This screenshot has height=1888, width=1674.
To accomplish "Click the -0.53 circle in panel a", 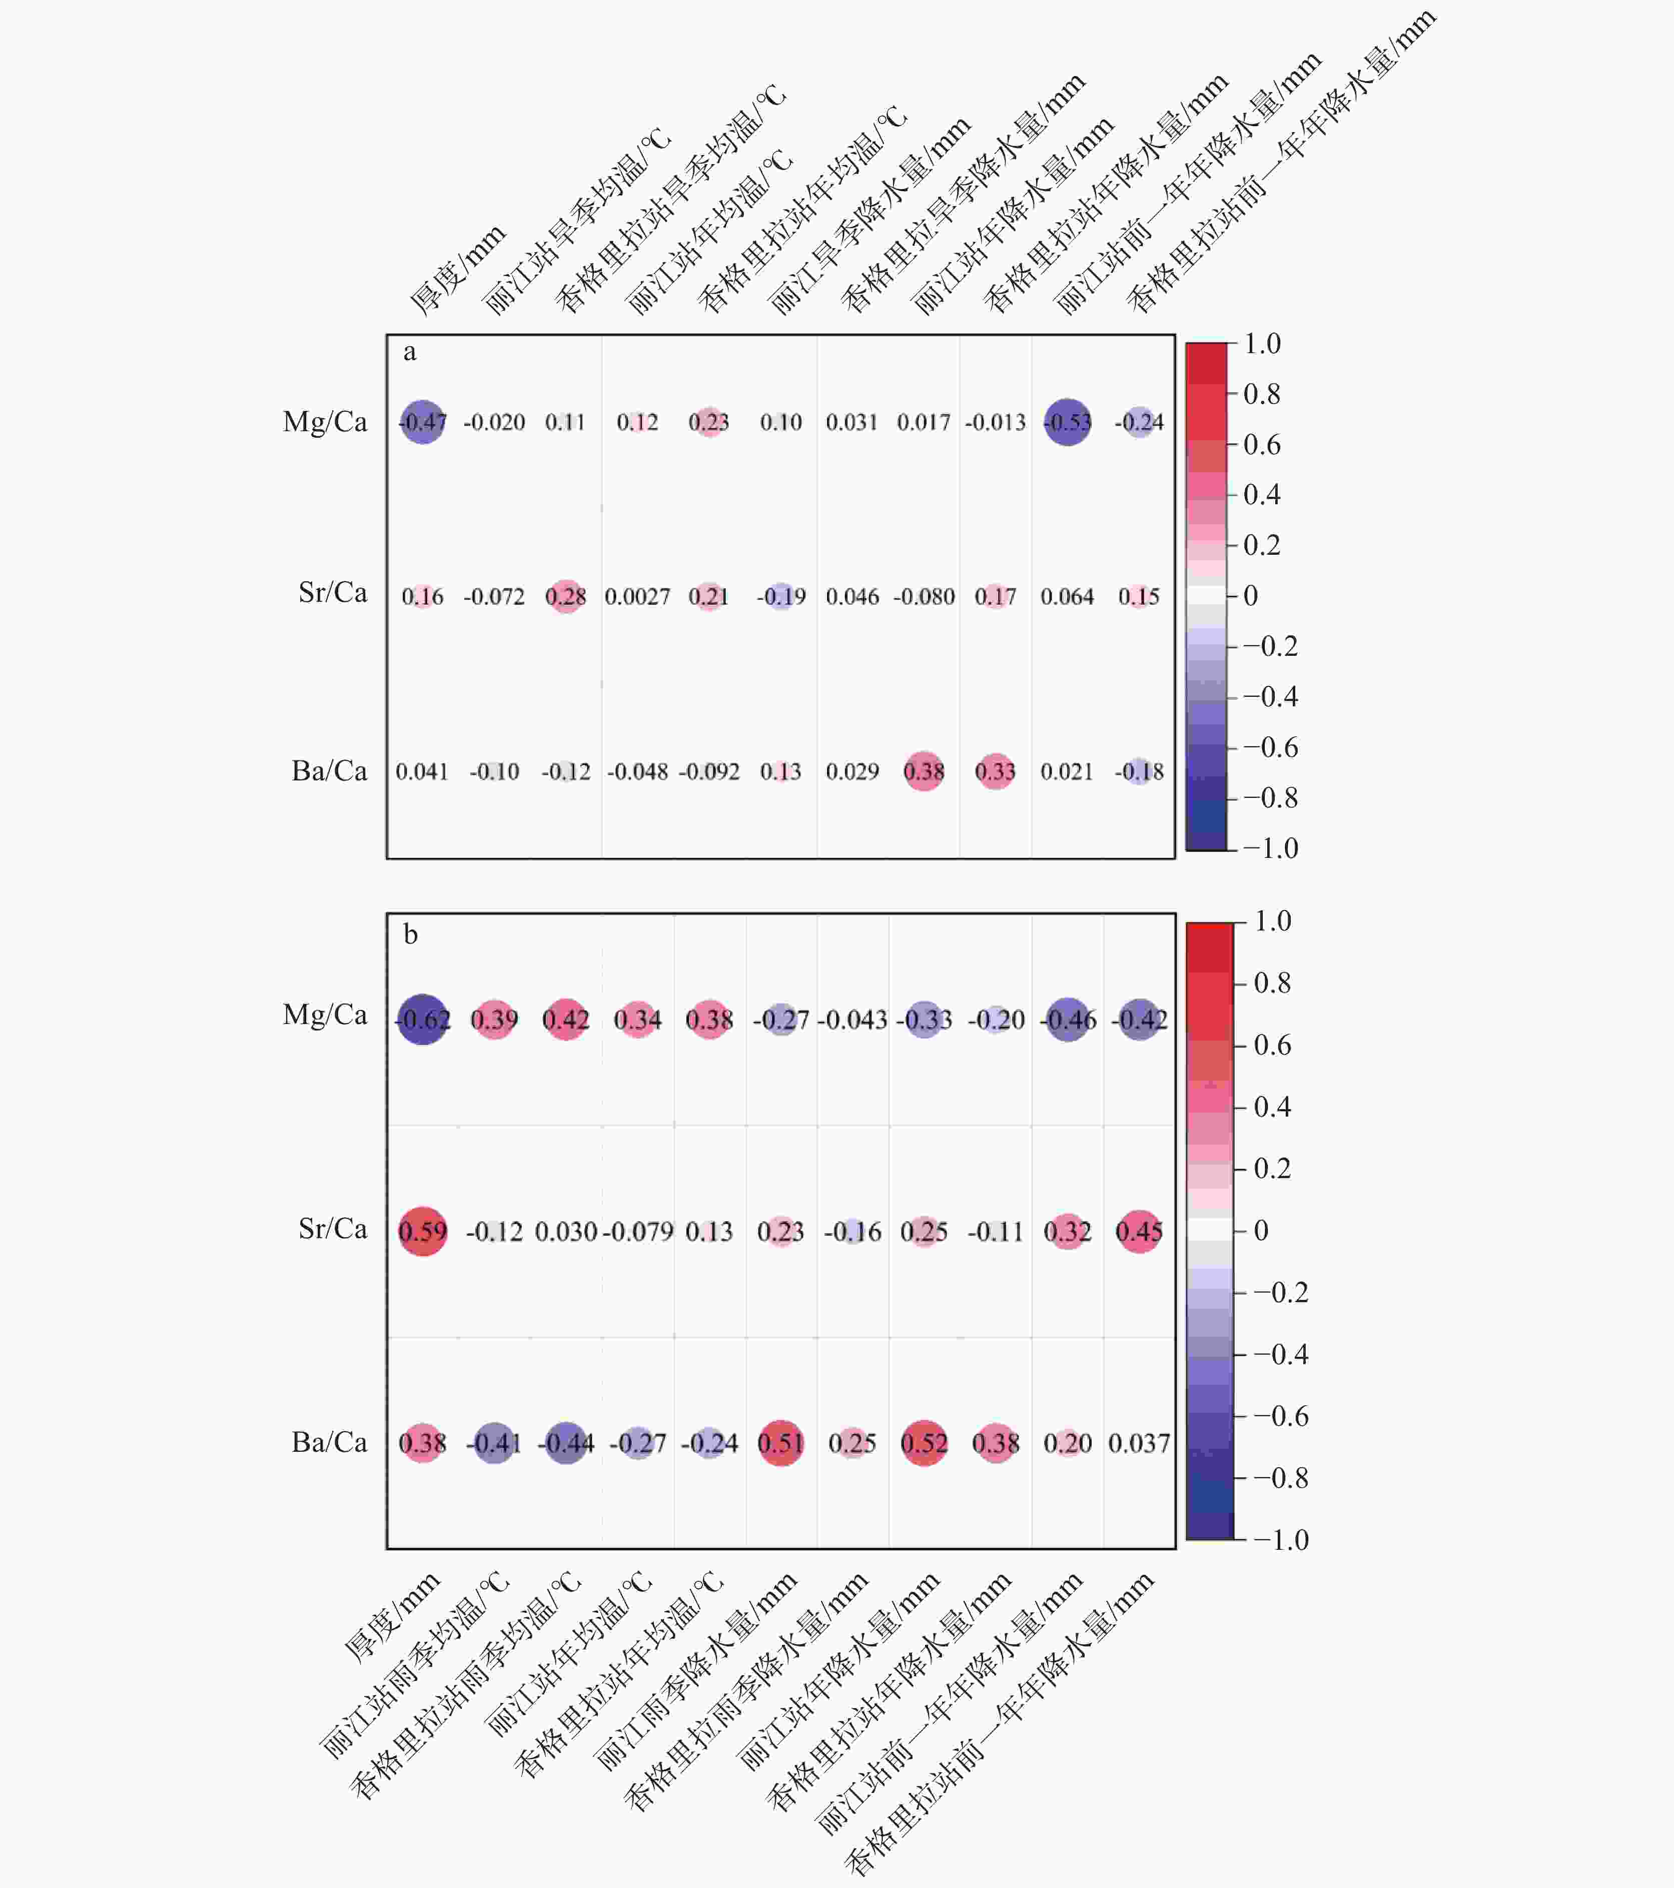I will pyautogui.click(x=1067, y=422).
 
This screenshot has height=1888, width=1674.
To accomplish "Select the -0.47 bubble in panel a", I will pyautogui.click(x=422, y=422).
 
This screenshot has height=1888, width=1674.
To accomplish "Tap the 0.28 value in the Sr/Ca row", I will pyautogui.click(x=565, y=597).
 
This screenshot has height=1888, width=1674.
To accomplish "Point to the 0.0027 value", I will pyautogui.click(x=637, y=597).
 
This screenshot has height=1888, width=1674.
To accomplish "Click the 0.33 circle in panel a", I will pyautogui.click(x=995, y=771).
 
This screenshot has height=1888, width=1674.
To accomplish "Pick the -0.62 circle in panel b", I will pyautogui.click(x=422, y=1020).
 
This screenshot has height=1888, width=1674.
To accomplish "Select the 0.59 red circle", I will pyautogui.click(x=422, y=1231).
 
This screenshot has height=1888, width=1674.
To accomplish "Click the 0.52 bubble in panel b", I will pyautogui.click(x=924, y=1443).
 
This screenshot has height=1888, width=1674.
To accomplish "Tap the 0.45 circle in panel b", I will pyautogui.click(x=1139, y=1231).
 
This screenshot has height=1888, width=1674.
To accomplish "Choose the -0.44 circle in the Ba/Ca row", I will pyautogui.click(x=565, y=1443).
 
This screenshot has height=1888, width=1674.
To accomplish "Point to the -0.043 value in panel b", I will pyautogui.click(x=852, y=1020).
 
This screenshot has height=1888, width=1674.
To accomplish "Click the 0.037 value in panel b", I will pyautogui.click(x=1139, y=1443).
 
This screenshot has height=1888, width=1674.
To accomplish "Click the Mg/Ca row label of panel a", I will pyautogui.click(x=325, y=422).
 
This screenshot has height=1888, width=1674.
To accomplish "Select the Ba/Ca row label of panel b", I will pyautogui.click(x=329, y=1442).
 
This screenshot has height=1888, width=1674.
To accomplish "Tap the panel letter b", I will pyautogui.click(x=410, y=935).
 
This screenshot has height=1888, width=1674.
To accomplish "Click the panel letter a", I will pyautogui.click(x=409, y=352).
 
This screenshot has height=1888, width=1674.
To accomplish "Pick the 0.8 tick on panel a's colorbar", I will pyautogui.click(x=1262, y=394).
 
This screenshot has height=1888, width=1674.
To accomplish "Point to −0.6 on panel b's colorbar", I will pyautogui.click(x=1280, y=1416).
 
